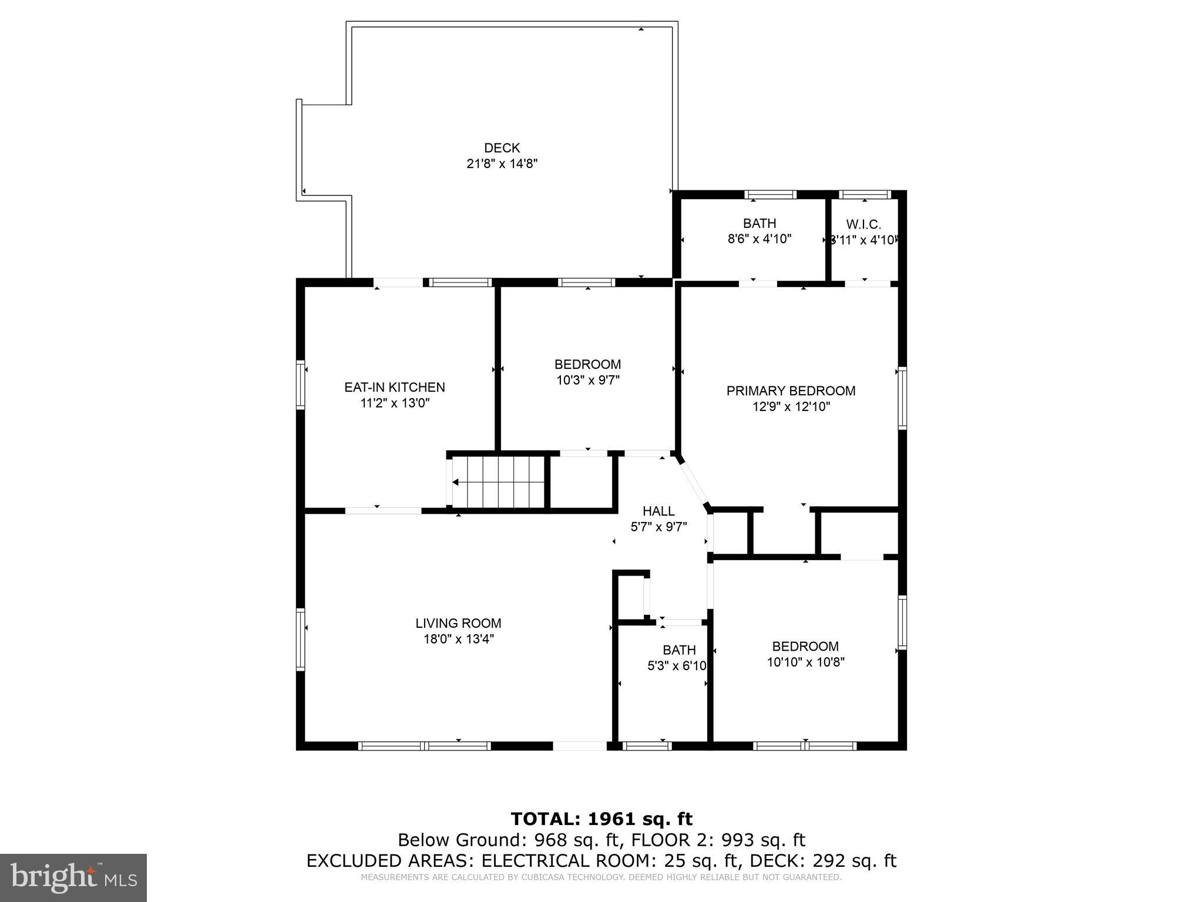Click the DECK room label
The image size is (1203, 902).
pyautogui.click(x=502, y=148)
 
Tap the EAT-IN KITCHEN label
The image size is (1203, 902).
pyautogui.click(x=394, y=387)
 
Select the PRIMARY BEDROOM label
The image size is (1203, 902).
pyautogui.click(x=791, y=391)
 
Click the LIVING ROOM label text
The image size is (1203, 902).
pyautogui.click(x=458, y=623)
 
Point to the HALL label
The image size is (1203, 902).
pyautogui.click(x=658, y=511)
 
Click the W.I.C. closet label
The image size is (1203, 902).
pyautogui.click(x=863, y=224)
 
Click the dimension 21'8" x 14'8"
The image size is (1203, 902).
pyautogui.click(x=502, y=164)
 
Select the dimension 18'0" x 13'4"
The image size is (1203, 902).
pyautogui.click(x=458, y=639)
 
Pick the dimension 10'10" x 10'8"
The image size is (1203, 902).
pyautogui.click(x=805, y=662)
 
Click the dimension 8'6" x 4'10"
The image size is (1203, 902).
pyautogui.click(x=759, y=239)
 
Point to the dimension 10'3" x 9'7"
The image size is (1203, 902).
pyautogui.click(x=587, y=380)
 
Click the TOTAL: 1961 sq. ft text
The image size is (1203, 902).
pyautogui.click(x=601, y=819)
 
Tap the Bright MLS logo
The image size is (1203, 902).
pyautogui.click(x=73, y=877)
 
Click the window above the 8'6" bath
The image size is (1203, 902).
pyautogui.click(x=770, y=194)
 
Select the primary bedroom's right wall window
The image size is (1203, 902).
pyautogui.click(x=902, y=398)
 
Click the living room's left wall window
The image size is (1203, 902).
pyautogui.click(x=301, y=639)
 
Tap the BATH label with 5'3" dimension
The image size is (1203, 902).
pyautogui.click(x=679, y=650)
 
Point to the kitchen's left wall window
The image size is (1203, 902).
pyautogui.click(x=301, y=385)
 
